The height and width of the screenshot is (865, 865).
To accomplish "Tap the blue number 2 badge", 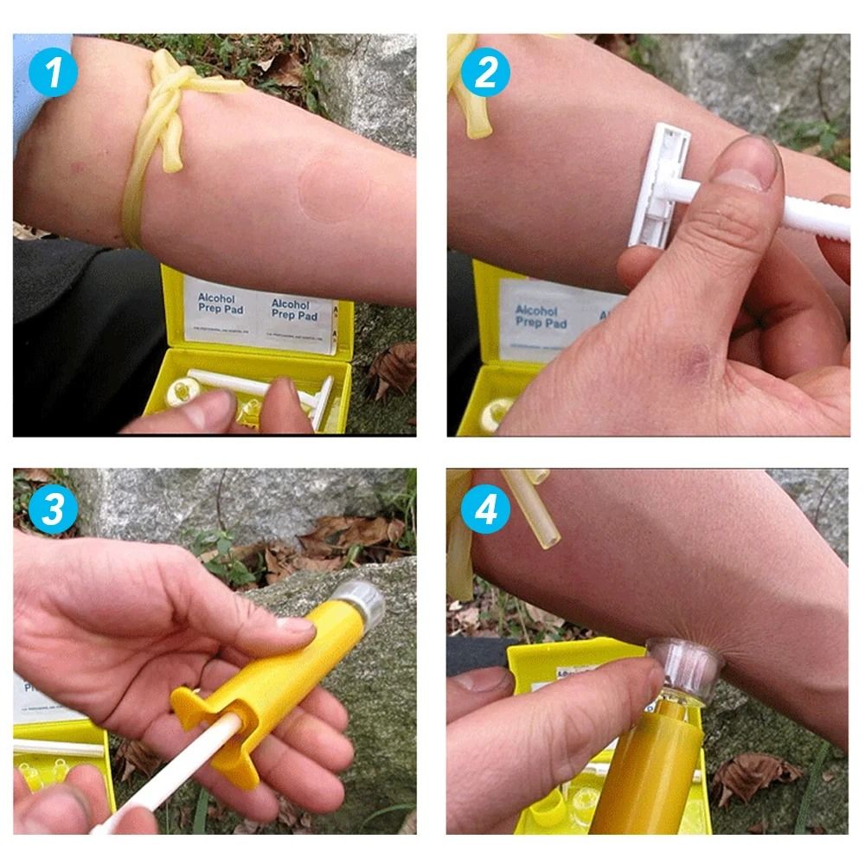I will click(x=485, y=73).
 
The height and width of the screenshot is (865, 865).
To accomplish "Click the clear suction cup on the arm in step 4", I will click(x=683, y=666).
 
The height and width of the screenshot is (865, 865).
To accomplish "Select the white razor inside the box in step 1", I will click(x=259, y=385).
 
